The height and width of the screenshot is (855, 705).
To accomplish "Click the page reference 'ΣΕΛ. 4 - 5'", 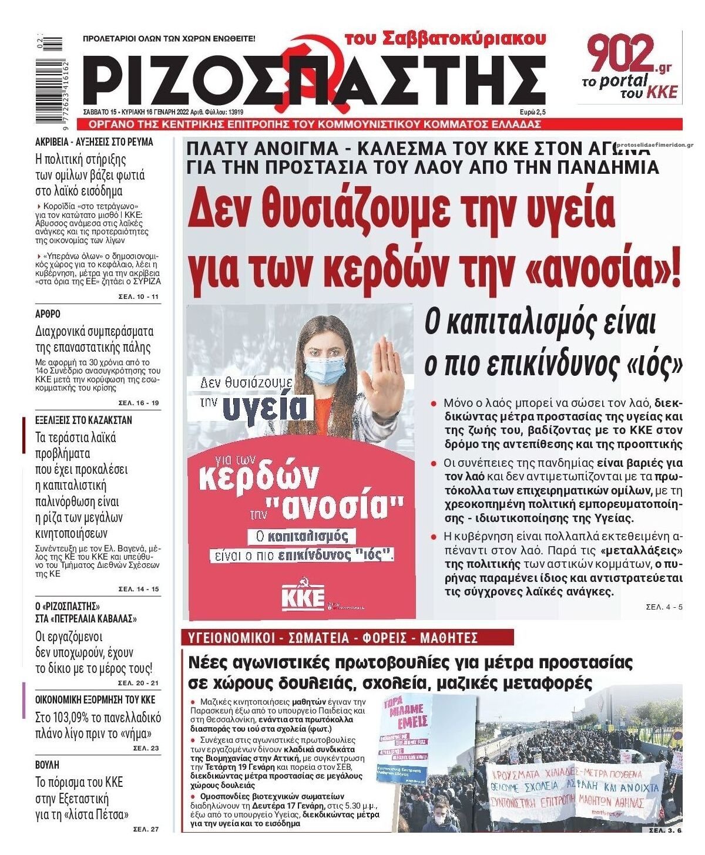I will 664,607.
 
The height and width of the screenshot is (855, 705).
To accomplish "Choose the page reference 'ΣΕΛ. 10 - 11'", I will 138,297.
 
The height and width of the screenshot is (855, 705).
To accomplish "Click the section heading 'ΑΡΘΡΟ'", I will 48,314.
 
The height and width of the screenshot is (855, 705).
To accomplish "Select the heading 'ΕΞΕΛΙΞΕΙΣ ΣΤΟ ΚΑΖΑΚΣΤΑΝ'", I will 83,420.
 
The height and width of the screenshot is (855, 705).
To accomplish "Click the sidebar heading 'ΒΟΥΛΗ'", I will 48,765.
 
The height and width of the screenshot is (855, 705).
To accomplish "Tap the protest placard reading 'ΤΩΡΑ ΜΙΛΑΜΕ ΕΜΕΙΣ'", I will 405,714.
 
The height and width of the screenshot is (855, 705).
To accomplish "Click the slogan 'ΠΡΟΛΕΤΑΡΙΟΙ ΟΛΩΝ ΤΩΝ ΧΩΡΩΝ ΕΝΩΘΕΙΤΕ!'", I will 169,39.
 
